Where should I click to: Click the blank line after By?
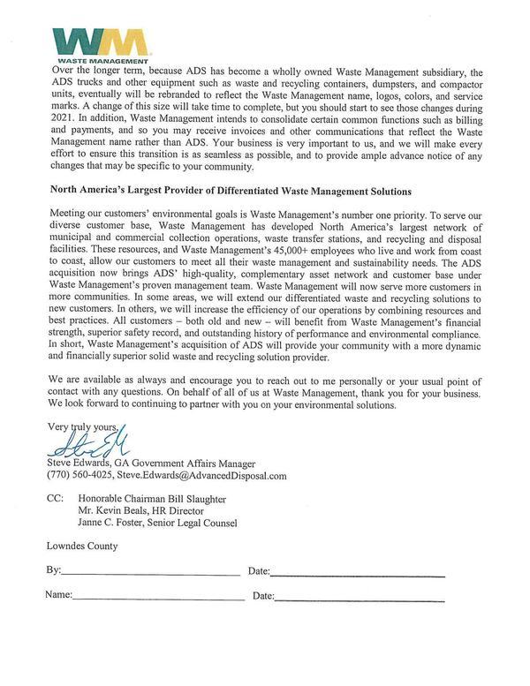[x=150, y=575]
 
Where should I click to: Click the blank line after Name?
[x=159, y=599]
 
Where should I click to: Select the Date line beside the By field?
[x=358, y=575]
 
